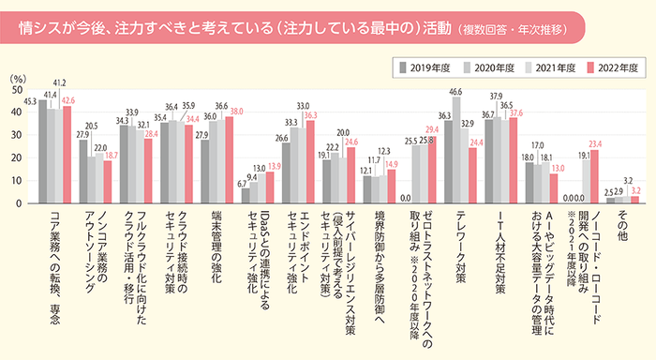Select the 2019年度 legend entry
tap(426, 67)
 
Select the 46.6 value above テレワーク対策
tap(456, 92)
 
